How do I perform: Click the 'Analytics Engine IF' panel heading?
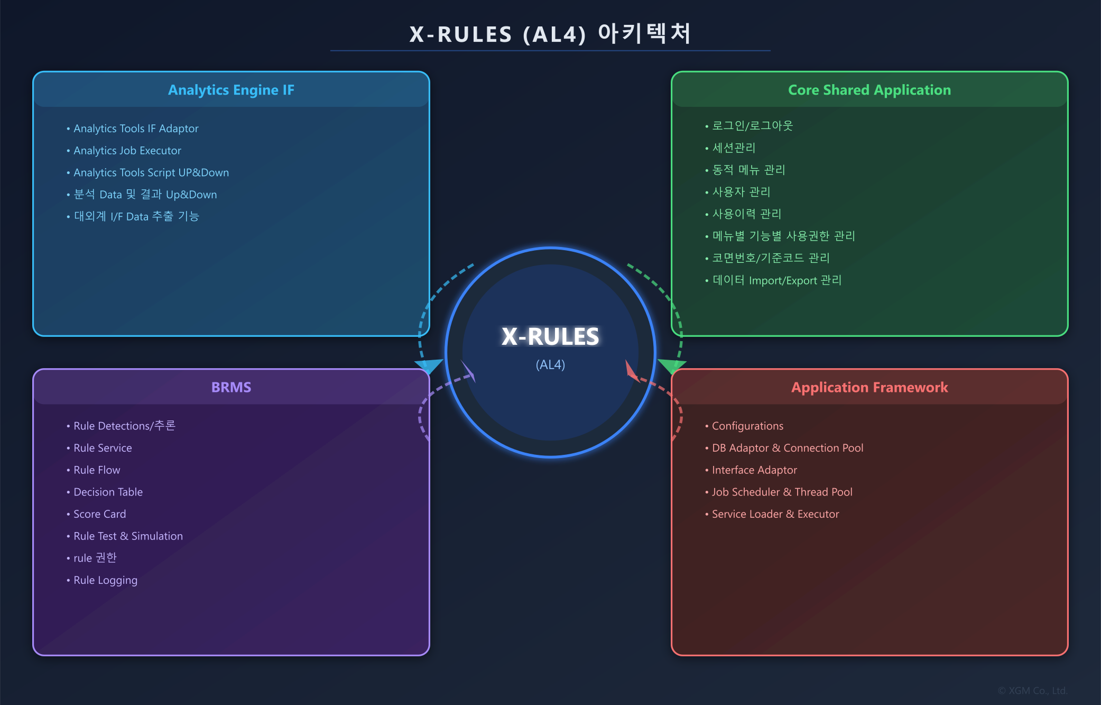click(x=231, y=90)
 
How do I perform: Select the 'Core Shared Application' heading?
click(x=869, y=90)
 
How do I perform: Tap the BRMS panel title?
click(x=231, y=387)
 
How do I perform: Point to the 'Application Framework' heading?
click(x=869, y=387)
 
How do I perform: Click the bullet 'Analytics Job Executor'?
click(x=127, y=151)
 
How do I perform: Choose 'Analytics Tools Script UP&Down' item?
click(x=151, y=173)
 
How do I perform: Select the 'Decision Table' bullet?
click(x=108, y=492)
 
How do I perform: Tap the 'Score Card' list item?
click(x=99, y=514)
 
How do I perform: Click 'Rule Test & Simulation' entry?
click(x=128, y=536)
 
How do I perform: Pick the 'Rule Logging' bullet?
click(x=105, y=580)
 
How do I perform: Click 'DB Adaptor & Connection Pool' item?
click(x=787, y=448)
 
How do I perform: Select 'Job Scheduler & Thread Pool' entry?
click(x=782, y=492)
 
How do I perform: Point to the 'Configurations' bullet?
click(x=747, y=426)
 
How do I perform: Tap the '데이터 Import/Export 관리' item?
click(x=776, y=280)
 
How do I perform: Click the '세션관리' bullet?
click(x=734, y=148)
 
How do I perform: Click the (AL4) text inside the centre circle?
click(x=550, y=365)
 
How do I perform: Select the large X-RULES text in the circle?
click(x=550, y=336)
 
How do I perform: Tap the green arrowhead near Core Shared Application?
click(x=671, y=365)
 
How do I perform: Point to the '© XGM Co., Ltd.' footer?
click(x=1032, y=691)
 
